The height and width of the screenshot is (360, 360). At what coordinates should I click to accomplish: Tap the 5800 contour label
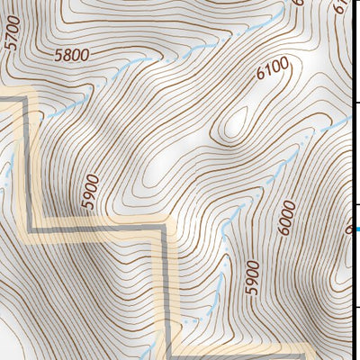72,56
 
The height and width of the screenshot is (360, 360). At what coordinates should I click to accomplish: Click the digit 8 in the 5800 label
67,56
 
